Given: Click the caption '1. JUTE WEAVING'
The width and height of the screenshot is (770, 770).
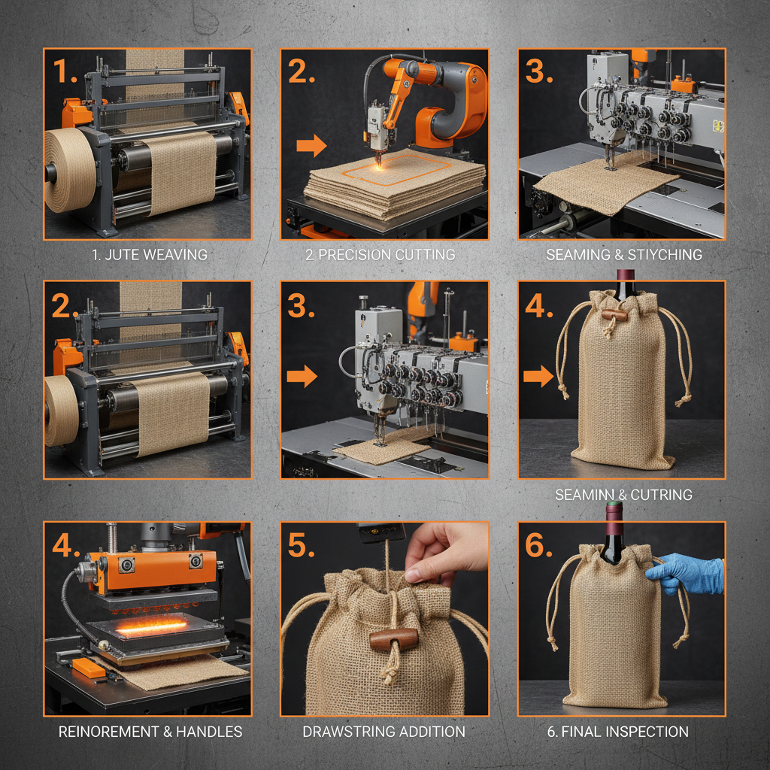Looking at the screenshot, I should [x=149, y=255].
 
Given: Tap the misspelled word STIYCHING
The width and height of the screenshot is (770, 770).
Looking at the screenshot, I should [x=662, y=255].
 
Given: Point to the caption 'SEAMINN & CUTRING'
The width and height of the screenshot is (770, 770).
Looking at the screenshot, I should [x=623, y=495].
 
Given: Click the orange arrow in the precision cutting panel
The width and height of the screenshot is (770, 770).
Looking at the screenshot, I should [x=311, y=146].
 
